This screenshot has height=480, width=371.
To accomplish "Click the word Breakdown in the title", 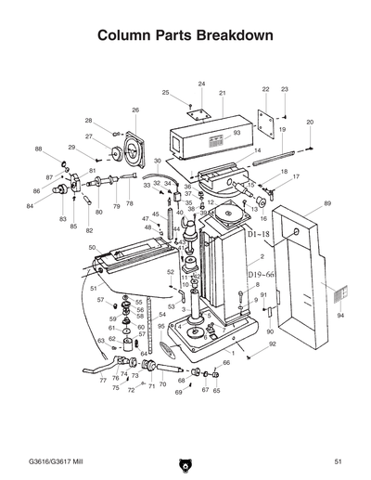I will click(234, 36).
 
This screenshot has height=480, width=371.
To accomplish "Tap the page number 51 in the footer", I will click(339, 461).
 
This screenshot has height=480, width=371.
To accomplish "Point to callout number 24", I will click(201, 84).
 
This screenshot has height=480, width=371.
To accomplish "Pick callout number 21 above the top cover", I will click(223, 94).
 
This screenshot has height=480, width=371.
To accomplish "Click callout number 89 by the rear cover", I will click(327, 203).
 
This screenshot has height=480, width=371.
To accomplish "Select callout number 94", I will click(339, 317).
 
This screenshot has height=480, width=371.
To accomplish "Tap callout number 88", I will click(38, 149).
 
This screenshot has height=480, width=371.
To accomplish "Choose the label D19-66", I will click(261, 275).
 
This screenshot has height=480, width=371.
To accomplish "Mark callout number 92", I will click(273, 344).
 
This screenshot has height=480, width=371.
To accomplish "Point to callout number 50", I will click(92, 248).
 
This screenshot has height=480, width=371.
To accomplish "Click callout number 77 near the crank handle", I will click(103, 381).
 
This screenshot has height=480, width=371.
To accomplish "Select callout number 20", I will click(310, 123).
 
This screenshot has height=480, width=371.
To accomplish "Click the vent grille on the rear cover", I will click(339, 292).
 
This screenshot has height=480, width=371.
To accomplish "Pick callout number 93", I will click(237, 134).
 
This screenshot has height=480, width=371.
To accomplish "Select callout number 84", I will click(30, 206).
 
